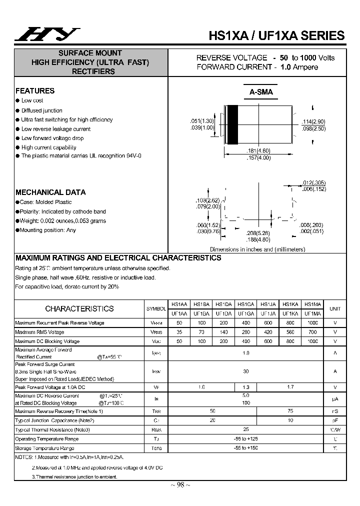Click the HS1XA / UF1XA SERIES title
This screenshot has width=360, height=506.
click(276, 35)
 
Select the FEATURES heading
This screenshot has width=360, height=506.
click(35, 91)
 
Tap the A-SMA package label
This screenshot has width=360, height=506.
click(261, 92)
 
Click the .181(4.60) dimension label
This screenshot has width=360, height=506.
click(258, 150)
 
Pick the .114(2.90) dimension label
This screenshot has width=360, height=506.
click(313, 122)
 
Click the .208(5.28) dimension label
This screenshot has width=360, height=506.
click(258, 233)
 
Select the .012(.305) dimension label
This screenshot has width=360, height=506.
click(314, 182)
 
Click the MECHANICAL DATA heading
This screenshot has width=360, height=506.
click(50, 192)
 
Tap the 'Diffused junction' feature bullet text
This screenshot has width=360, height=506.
click(42, 110)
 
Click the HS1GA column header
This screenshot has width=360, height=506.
click(245, 304)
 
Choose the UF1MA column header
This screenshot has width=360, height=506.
click(312, 313)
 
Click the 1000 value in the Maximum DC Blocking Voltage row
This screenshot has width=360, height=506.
click(312, 341)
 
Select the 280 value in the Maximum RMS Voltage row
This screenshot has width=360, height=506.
click(245, 332)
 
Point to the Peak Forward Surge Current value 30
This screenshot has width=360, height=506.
click(245, 371)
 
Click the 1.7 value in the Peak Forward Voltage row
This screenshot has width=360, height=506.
click(290, 387)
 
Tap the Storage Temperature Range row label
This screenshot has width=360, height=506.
click(44, 448)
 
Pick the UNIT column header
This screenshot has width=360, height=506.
click(335, 309)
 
